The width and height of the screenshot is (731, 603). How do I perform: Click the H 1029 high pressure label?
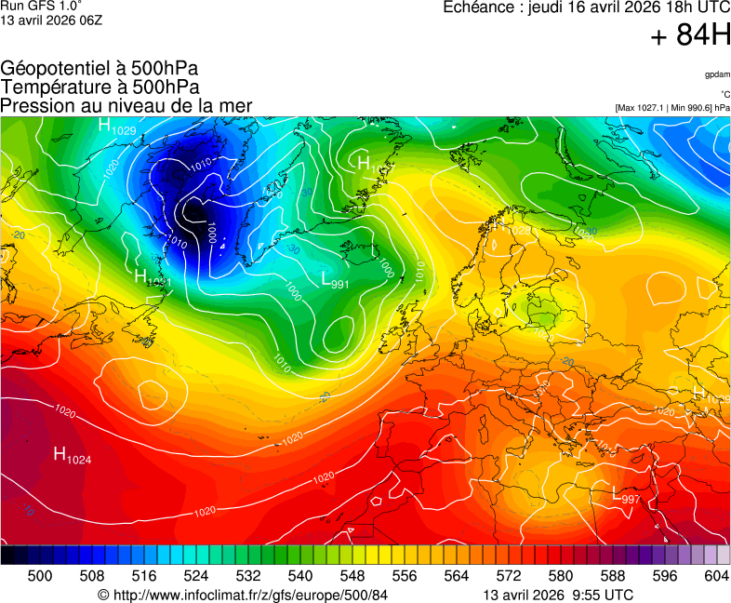tap(117, 127)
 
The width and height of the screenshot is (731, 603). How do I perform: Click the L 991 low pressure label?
tap(335, 280)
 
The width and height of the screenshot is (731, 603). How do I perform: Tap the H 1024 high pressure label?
tap(72, 455)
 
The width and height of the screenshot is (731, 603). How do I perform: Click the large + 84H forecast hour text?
tap(691, 35)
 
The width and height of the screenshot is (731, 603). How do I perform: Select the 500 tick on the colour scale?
tap(39, 576)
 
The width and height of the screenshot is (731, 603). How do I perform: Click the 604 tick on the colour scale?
tap(716, 576)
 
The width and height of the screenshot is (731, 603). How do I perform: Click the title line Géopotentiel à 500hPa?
tap(100, 70)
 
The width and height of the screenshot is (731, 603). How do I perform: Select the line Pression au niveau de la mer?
tap(126, 106)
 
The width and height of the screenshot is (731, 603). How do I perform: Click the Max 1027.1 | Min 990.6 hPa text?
tap(672, 108)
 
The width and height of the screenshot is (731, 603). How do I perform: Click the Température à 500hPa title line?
tap(100, 87)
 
